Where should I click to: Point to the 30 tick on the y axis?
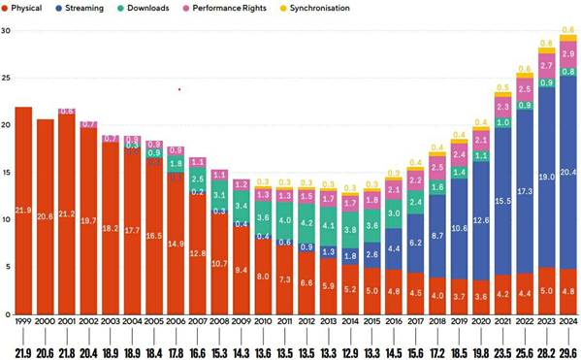[x=6, y=30]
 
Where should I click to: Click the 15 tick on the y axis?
[x=6, y=172]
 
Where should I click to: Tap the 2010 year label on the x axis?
[x=261, y=322]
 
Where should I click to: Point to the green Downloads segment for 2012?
[x=305, y=223]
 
